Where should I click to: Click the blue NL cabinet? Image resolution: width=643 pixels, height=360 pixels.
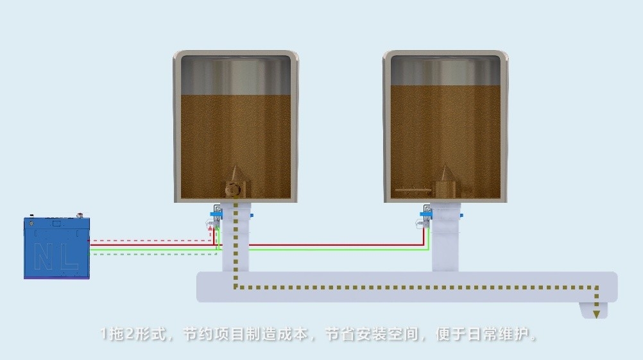[x=56, y=248]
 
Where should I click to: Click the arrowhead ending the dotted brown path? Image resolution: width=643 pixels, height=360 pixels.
[x=597, y=314]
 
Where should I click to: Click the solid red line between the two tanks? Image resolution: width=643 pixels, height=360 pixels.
[x=334, y=245]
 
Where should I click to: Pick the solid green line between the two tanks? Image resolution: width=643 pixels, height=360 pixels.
[x=334, y=250]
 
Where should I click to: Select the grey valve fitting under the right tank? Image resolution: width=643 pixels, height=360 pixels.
[x=422, y=224]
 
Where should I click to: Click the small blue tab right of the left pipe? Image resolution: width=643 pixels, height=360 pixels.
[x=252, y=214]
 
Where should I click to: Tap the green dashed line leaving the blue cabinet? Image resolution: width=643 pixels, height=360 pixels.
[x=154, y=254]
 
